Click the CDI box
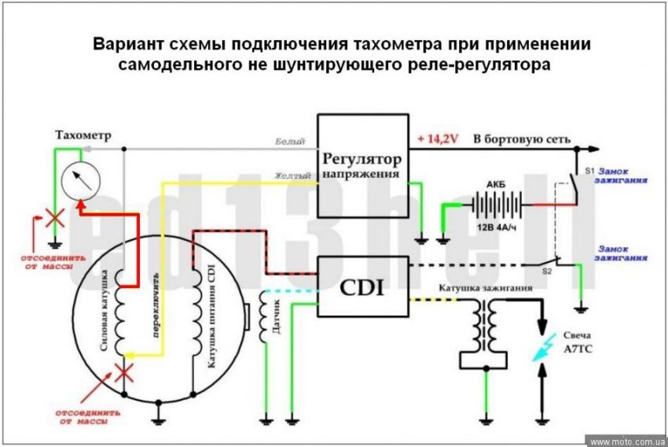click(362, 287)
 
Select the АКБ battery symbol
click(495, 204)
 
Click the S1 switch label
click(588, 171)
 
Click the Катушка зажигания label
click(487, 288)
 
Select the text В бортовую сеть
click(521, 139)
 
